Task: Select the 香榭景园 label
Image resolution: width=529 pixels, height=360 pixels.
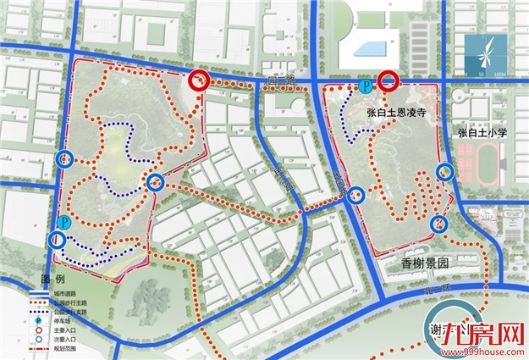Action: coord(422,263)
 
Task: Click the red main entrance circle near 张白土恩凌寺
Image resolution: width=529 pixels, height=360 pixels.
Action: coord(388,80)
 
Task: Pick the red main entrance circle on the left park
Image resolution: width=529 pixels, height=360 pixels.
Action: coord(199,80)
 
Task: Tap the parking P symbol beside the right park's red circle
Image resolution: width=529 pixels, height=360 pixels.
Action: coord(365,86)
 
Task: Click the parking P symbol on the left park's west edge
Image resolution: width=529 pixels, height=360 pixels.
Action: coord(64,223)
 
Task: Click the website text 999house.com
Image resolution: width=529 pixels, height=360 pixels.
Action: coord(488,351)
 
